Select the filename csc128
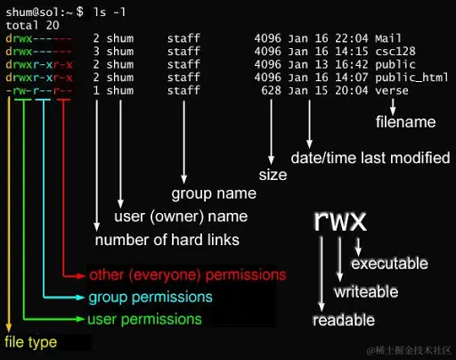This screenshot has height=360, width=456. point(393,53)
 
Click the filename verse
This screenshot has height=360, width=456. point(392,90)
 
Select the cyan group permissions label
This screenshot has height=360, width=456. point(150,297)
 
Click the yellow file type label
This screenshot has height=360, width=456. point(29,342)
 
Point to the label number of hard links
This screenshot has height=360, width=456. point(167,240)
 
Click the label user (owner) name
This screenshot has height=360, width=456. point(181,217)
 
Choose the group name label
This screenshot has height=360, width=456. point(213,193)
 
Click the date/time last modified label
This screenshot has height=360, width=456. point(370,158)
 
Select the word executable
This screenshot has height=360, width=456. point(390,264)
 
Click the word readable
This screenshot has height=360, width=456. point(344,320)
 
